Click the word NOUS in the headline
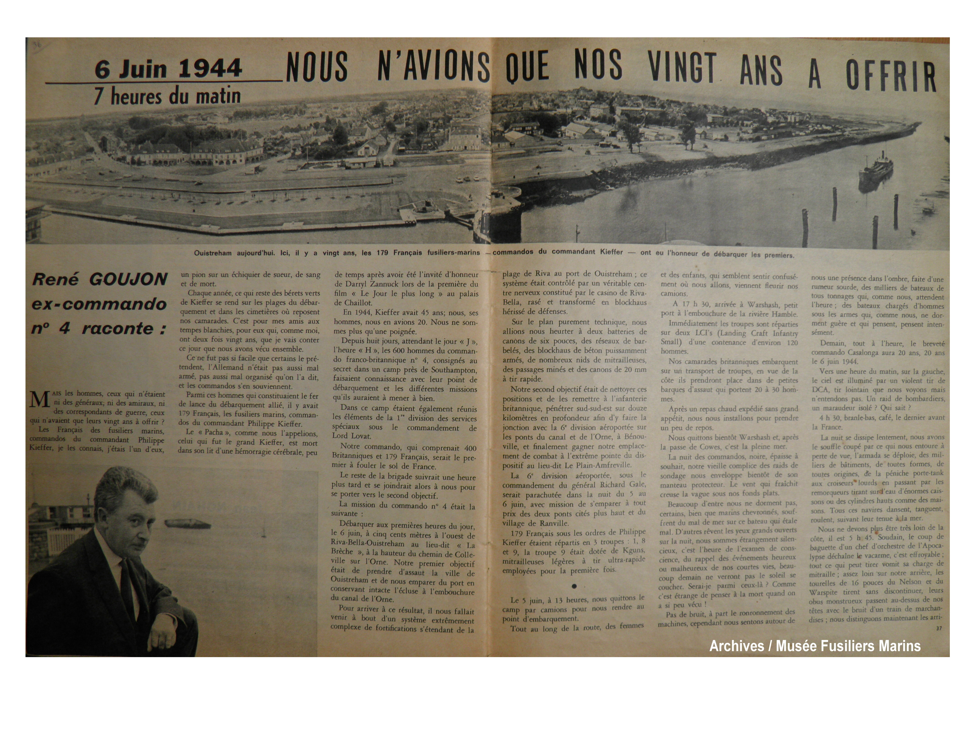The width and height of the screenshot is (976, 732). click(x=317, y=68)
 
